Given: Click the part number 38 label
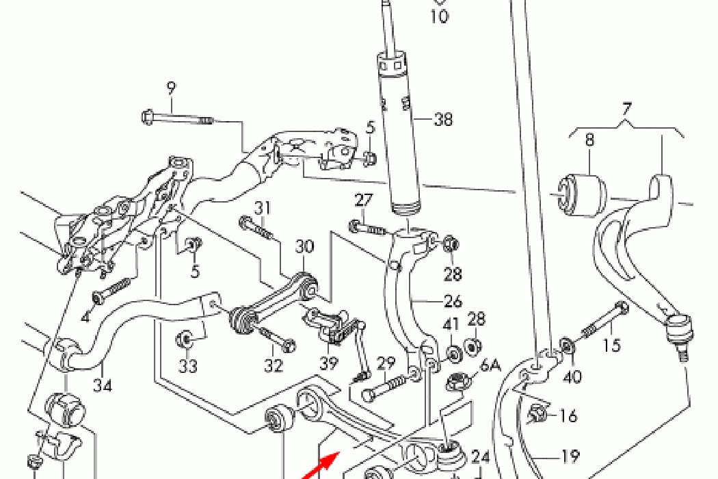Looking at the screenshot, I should pos(443,120).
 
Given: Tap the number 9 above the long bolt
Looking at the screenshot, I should pos(171,88).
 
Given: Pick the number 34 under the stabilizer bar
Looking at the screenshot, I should pos(103,385).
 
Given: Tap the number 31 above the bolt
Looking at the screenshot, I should pos(263,207).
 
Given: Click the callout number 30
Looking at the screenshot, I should pos(304,246).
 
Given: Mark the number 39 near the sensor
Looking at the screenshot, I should pos(330,363).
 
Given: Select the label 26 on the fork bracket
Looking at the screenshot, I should pos(453,301).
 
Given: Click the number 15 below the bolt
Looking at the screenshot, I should pos(612,346).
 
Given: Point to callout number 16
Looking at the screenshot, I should pos(568,415).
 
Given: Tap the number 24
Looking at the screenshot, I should pos(481,456).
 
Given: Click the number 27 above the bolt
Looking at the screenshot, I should pos(363,200).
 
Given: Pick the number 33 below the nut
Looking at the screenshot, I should pos(187,366).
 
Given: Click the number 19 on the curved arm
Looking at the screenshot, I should pos(570,456).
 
